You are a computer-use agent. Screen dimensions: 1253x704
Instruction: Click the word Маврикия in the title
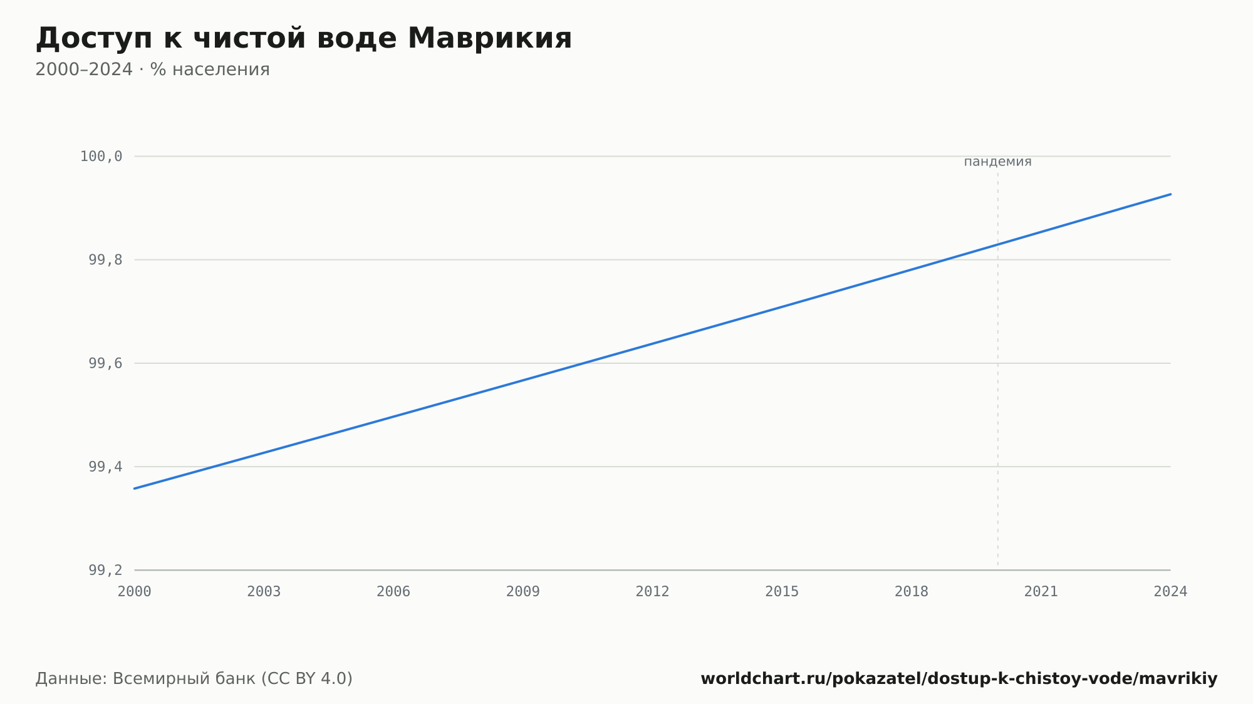(489, 38)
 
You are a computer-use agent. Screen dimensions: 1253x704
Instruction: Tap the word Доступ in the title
(94, 39)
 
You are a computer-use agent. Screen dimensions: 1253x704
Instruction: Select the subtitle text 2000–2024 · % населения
(152, 70)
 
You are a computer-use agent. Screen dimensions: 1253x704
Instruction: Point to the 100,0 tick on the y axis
(101, 157)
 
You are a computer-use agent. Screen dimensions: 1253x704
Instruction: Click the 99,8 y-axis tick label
(105, 260)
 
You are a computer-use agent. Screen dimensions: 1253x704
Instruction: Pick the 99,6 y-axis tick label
(105, 363)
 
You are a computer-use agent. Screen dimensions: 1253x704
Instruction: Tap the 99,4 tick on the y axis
(105, 467)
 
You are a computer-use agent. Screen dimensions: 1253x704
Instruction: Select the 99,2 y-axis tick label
(105, 570)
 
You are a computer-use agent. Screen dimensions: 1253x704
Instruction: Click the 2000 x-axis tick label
(135, 592)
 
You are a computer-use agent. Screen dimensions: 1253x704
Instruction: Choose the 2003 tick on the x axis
(264, 592)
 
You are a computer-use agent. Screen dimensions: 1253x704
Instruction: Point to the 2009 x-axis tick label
(523, 592)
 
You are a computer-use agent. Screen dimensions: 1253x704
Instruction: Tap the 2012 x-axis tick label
(653, 592)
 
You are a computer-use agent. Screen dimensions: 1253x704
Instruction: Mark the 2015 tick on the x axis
(782, 592)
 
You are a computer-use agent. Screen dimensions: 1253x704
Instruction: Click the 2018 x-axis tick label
(912, 592)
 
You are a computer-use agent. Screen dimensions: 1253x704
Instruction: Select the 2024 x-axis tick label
(1170, 592)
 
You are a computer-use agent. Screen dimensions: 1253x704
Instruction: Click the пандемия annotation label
(997, 162)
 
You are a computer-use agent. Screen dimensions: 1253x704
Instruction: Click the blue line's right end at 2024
(1170, 194)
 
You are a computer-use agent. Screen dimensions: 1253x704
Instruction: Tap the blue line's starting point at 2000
(135, 489)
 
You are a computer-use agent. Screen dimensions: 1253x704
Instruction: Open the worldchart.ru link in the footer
(959, 679)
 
